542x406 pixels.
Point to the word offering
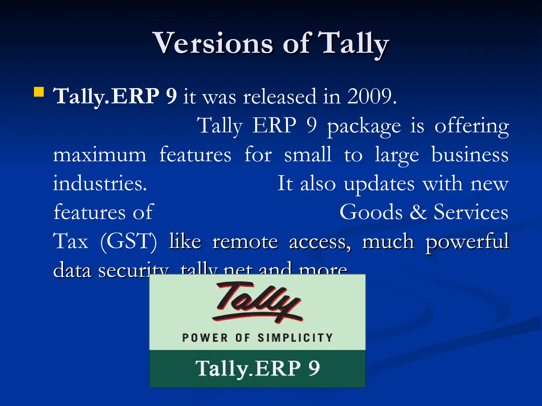pyautogui.click(x=472, y=126)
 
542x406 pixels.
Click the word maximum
pyautogui.click(x=100, y=155)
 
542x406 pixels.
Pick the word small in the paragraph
pyautogui.click(x=308, y=154)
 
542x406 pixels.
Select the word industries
pyautogui.click(x=100, y=183)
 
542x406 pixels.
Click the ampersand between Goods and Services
pyautogui.click(x=418, y=212)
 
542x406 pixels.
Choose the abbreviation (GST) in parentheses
pyautogui.click(x=128, y=241)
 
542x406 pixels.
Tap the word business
pyautogui.click(x=470, y=155)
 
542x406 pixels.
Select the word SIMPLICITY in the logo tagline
pyautogui.click(x=295, y=338)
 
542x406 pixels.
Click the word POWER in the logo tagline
pyautogui.click(x=205, y=338)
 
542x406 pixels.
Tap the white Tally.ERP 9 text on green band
pyautogui.click(x=258, y=368)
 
